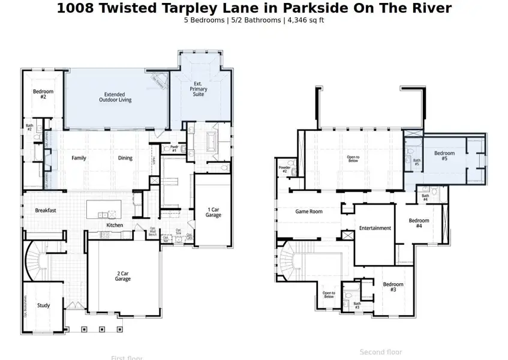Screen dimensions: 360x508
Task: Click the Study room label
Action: [43, 305]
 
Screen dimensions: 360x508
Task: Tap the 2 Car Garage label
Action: [123, 276]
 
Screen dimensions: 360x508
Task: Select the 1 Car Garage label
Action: [214, 212]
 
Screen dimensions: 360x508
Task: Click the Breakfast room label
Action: [46, 211]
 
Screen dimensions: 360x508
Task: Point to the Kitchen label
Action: [115, 225]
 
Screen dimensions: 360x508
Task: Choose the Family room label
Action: [79, 158]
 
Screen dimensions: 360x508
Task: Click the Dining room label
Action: [125, 158]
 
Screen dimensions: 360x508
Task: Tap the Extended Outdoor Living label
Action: [114, 97]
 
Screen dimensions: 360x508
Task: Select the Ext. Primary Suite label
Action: [199, 89]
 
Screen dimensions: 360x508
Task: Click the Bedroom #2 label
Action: [43, 94]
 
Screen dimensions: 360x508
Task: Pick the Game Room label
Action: [309, 211]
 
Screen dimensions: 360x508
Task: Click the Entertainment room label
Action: [375, 228]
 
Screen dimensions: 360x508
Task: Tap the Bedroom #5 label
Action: [444, 156]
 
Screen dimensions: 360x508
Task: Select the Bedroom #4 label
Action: [419, 223]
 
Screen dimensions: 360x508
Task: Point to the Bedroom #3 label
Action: [393, 287]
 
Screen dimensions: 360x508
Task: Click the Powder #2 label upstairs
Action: [284, 170]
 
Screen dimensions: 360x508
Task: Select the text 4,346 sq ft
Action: [306, 20]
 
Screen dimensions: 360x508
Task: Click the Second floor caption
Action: [381, 352]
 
